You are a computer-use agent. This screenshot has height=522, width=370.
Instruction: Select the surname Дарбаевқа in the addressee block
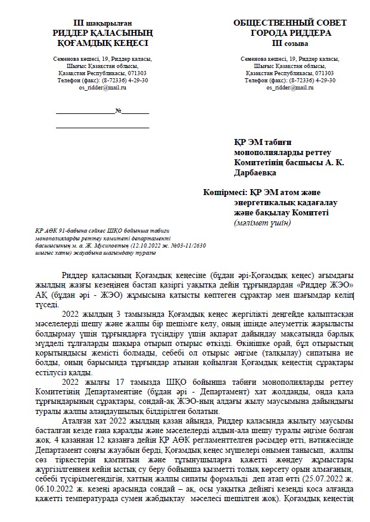257,172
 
